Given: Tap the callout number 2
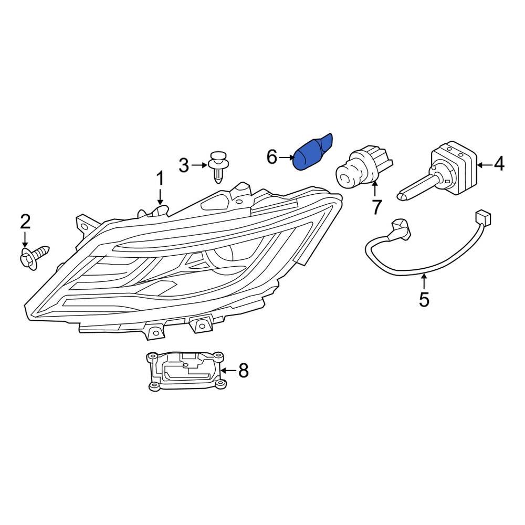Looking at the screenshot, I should click(25, 222).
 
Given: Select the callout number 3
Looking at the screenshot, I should click(183, 165).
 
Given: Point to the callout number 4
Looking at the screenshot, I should click(498, 164).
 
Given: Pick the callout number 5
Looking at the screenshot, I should click(424, 299).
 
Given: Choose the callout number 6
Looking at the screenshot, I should click(271, 156).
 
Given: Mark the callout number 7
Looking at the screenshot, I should click(376, 206).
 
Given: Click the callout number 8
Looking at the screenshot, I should click(243, 371).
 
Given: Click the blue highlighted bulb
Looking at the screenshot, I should click(313, 152).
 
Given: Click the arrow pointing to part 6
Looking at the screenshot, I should click(287, 157).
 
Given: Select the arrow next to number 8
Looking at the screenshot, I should click(227, 371).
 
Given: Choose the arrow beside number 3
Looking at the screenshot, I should click(199, 165).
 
